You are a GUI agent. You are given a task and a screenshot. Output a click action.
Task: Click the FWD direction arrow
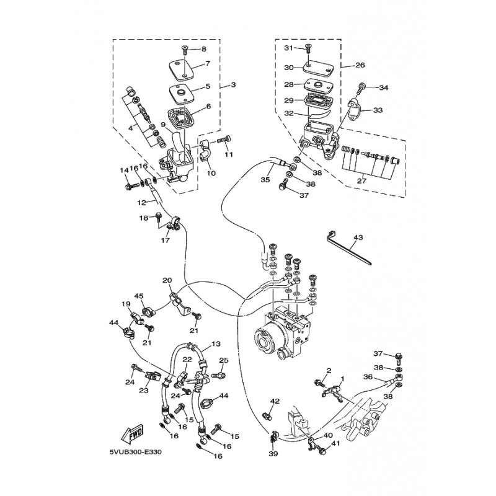point(132,433)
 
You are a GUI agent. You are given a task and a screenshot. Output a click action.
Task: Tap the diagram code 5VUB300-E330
point(135,452)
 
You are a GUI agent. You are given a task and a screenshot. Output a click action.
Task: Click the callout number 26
point(360,65)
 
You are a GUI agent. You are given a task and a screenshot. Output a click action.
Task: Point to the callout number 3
point(233,85)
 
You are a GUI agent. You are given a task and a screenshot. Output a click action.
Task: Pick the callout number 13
point(216,343)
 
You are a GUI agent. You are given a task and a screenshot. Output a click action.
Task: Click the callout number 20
point(167,280)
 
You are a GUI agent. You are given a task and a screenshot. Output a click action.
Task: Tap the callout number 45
point(139,296)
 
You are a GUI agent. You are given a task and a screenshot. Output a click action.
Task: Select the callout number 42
point(275,401)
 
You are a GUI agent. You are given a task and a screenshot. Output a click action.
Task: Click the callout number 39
point(273,454)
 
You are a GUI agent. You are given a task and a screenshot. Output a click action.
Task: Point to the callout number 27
point(361,180)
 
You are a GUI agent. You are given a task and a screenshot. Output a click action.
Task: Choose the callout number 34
point(383,87)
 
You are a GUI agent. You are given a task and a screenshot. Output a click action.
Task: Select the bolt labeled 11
point(224,140)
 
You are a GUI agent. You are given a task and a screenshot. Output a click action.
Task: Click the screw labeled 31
point(308,48)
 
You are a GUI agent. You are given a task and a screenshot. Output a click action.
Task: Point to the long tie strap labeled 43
point(348,247)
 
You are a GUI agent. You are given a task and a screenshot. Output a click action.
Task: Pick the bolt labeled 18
point(159,216)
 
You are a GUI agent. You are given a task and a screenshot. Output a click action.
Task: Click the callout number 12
point(142,203)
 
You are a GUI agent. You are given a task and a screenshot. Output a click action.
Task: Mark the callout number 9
point(163,125)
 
